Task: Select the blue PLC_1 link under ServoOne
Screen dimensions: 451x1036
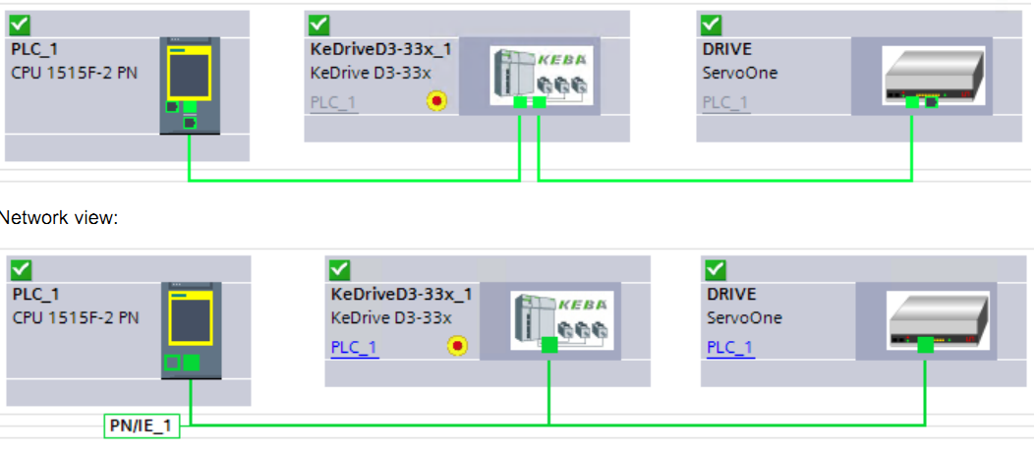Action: click(729, 347)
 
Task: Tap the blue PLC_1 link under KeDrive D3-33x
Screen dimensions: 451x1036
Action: click(354, 347)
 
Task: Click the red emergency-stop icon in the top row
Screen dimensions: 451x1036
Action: click(436, 100)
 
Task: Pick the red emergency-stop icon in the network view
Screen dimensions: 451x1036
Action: click(457, 345)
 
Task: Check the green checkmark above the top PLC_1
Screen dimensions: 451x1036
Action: click(20, 25)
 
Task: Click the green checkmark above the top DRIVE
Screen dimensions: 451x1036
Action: click(709, 25)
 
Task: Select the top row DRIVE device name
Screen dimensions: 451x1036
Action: click(727, 49)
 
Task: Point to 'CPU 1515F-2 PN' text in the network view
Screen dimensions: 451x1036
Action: click(76, 317)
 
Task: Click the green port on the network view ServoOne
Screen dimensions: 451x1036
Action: click(925, 345)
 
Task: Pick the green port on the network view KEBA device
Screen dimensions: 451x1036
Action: click(549, 345)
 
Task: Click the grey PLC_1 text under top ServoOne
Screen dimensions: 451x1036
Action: click(725, 102)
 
